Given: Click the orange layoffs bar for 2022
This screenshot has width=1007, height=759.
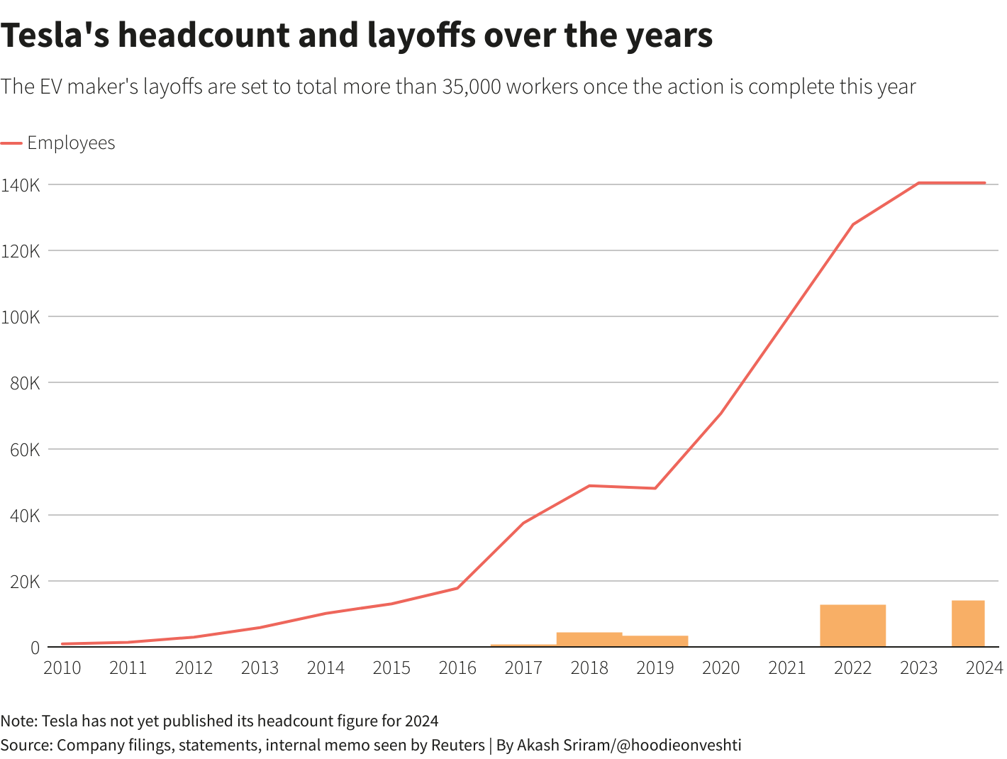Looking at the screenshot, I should pos(852,626).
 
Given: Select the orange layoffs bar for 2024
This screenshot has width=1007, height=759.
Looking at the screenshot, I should pos(968,624).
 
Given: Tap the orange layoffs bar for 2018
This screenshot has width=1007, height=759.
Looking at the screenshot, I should pos(589,639).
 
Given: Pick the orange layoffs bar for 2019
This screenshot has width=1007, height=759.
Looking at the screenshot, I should pos(655,641).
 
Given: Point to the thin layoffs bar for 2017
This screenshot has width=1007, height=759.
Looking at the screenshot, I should pos(523,646).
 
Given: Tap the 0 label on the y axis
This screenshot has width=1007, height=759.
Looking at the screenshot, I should pos(34,648).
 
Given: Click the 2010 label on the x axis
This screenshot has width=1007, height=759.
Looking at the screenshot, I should pos(62,668).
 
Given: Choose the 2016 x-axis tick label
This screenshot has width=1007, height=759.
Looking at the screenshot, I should pos(457,668).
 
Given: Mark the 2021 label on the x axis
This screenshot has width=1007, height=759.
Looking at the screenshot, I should pos(786,668).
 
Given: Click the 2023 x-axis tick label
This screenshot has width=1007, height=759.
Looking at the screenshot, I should pos(918,668).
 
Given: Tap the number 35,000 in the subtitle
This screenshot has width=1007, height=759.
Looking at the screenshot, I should pos(472,87).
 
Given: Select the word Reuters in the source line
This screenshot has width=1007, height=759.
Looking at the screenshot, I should pos(457,745).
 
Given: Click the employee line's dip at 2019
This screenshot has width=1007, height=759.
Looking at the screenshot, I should pos(655,488).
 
